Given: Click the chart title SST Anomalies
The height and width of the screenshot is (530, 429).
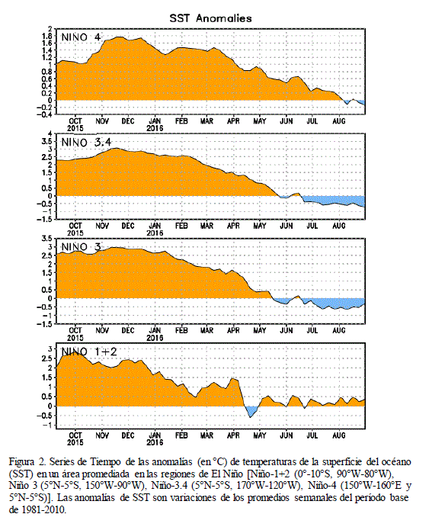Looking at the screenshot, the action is coord(210,18).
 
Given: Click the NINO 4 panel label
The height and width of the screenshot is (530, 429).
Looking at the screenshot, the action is coord(81,37).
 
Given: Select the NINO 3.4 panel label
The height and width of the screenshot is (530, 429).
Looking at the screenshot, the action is coord(86,143).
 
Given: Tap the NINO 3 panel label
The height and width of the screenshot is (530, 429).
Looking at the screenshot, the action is coord(81,247).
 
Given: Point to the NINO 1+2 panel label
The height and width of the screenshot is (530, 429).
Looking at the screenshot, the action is coord(89,352).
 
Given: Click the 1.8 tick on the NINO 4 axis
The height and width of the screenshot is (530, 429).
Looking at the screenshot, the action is coord(47,36).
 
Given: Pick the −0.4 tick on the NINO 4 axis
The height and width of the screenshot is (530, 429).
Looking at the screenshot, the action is coord(45,114).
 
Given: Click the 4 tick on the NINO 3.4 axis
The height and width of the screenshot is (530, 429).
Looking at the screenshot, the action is coord(50,134).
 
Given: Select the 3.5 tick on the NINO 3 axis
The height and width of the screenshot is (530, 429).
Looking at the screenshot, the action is coord(47,238).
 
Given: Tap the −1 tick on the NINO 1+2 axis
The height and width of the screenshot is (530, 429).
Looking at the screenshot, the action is coord(48,426).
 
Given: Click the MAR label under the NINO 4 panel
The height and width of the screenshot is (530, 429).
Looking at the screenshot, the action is coord(206,121).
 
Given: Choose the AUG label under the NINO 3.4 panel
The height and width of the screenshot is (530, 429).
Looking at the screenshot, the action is coord(338,226).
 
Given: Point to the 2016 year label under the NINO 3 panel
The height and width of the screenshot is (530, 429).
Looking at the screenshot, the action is coord(155,338).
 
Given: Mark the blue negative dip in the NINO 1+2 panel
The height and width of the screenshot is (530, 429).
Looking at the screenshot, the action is coord(251,411).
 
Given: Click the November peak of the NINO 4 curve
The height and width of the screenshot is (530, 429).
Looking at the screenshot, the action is coord(118,37).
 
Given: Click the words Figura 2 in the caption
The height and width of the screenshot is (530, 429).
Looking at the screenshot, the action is coord(27,461).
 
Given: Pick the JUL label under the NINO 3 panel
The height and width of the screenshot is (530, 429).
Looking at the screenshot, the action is coord(312,330).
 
